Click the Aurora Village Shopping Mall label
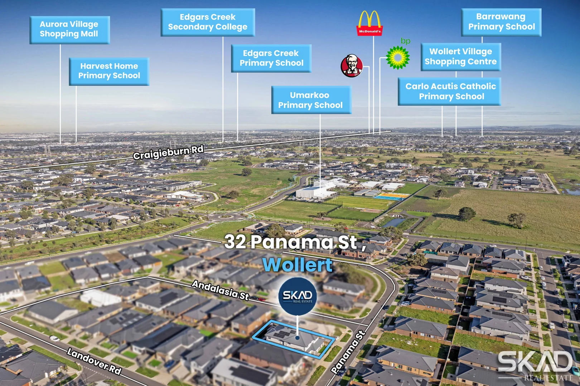(x=70, y=30)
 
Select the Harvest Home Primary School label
(x=109, y=71)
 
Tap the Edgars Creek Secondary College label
(x=208, y=22)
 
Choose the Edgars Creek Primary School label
(x=271, y=58)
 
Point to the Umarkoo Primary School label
(x=311, y=100)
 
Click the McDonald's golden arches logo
(x=369, y=23)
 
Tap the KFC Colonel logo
(x=352, y=66)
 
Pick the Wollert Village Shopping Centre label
(x=461, y=57)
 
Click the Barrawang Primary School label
(x=501, y=22)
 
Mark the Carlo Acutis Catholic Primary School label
(x=450, y=91)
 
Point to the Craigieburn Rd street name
(x=168, y=152)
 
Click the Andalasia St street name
(x=220, y=290)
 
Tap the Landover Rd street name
(x=94, y=361)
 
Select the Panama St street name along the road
(x=348, y=352)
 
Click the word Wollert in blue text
(x=298, y=265)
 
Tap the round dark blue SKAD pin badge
(x=298, y=296)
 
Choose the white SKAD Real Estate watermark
(x=536, y=365)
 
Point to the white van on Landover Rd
(x=55, y=338)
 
